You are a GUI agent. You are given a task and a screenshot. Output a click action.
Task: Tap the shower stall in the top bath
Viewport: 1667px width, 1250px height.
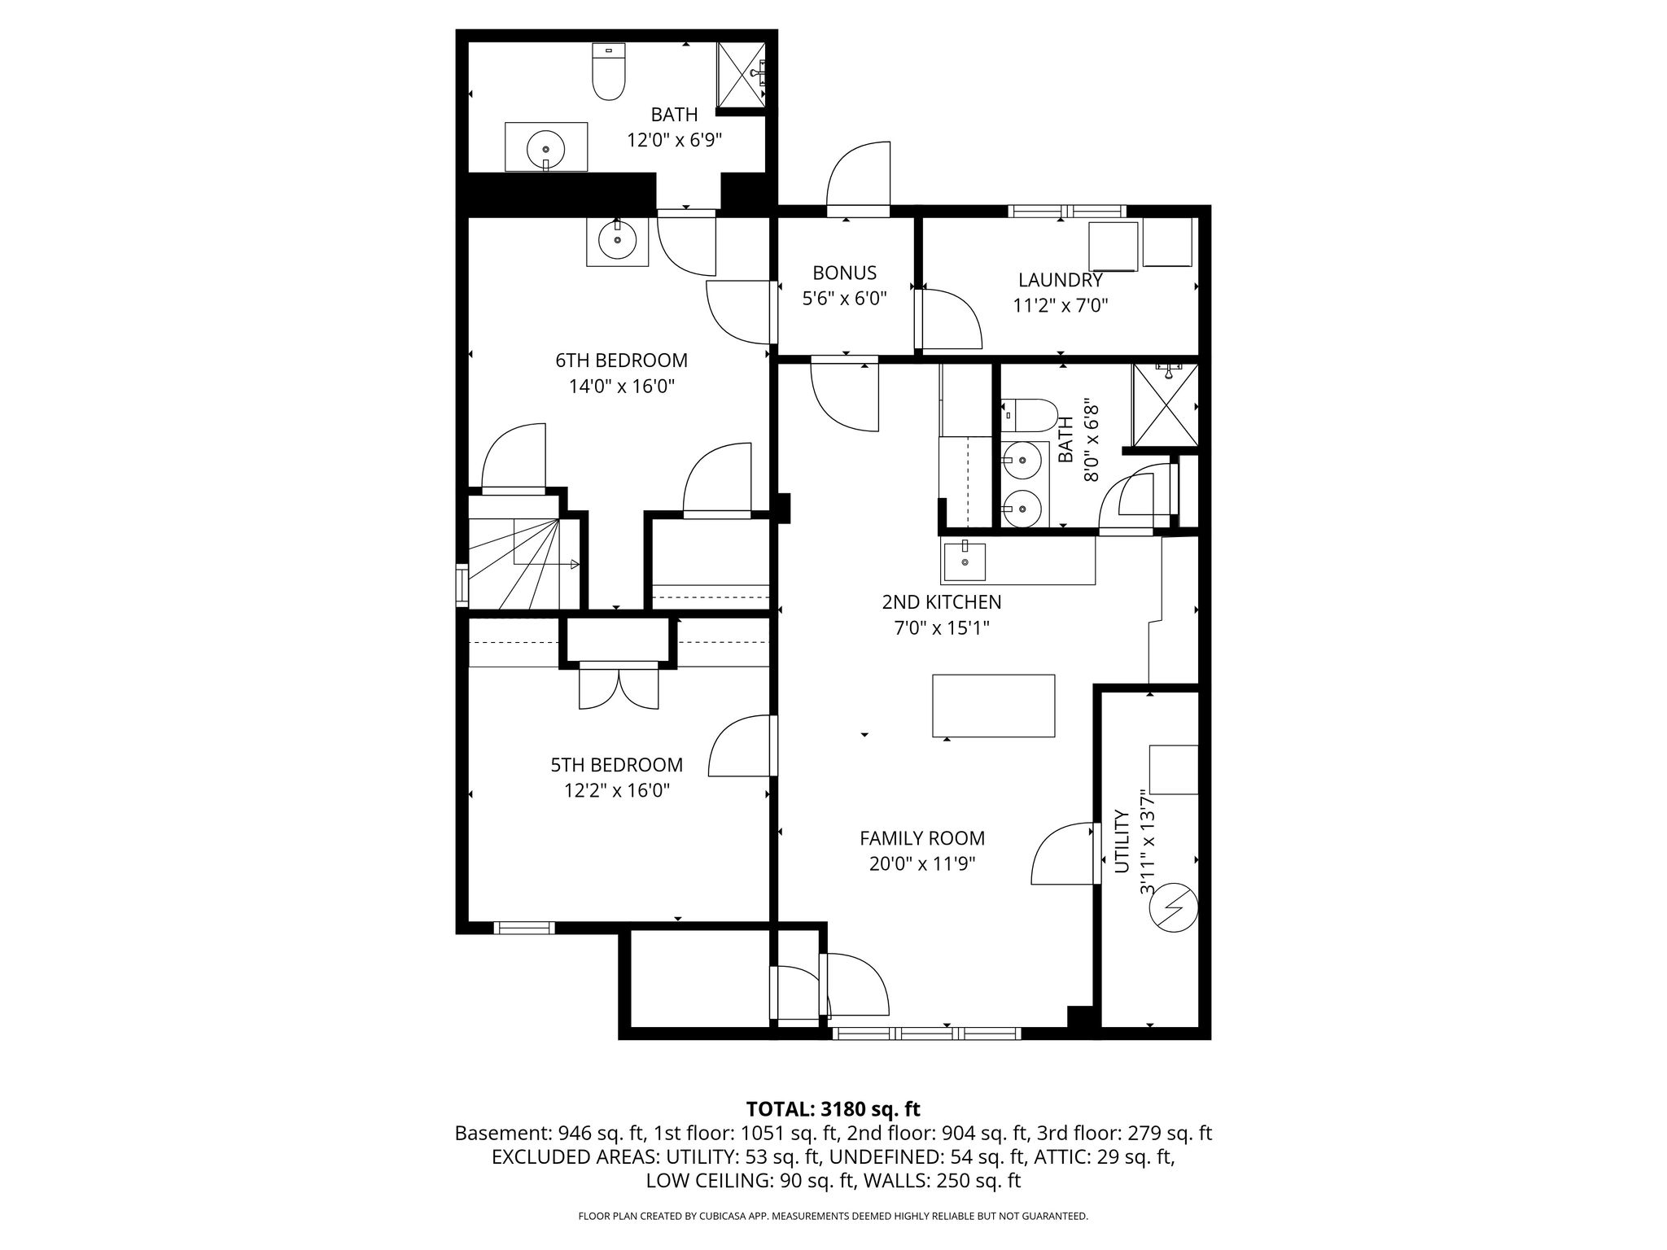click(x=741, y=74)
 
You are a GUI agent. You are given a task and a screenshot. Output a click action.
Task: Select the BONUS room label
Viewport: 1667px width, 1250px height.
click(x=845, y=273)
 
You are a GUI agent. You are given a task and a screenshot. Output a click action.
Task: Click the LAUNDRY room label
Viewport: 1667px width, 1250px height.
click(x=1061, y=280)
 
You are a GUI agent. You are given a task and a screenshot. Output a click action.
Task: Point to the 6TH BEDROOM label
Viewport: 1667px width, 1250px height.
click(x=622, y=360)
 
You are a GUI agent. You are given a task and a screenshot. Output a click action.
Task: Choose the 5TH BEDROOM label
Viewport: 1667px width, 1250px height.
click(x=617, y=765)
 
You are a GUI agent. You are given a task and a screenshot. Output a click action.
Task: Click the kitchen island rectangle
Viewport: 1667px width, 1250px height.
click(x=994, y=706)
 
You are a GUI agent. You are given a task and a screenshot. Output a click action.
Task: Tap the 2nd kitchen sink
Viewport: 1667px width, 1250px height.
click(x=965, y=562)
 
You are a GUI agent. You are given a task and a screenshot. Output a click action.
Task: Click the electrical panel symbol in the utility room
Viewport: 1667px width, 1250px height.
click(x=1173, y=907)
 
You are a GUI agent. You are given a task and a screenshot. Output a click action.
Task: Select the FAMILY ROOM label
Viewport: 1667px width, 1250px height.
click(x=922, y=838)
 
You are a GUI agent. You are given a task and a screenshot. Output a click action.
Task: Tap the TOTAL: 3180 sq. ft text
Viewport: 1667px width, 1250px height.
click(x=833, y=1109)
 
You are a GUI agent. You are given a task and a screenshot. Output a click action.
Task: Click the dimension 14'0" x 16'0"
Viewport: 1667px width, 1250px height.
click(x=622, y=386)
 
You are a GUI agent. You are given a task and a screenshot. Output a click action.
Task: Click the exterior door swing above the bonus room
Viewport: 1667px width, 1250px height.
click(x=858, y=175)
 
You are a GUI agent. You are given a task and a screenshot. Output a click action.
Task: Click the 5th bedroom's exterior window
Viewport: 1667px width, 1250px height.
click(x=523, y=927)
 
